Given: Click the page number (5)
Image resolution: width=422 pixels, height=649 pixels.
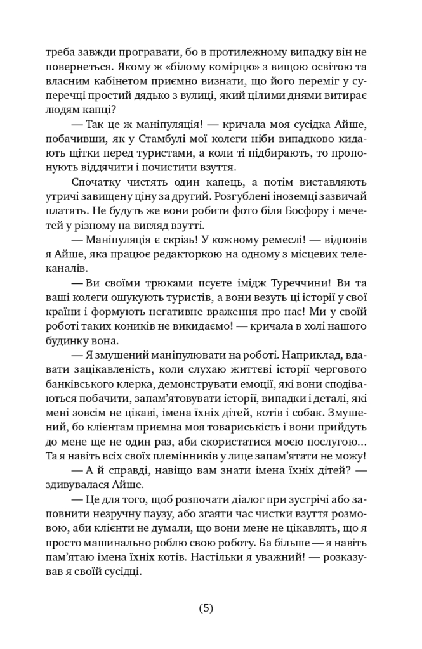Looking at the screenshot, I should click(206, 608).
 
